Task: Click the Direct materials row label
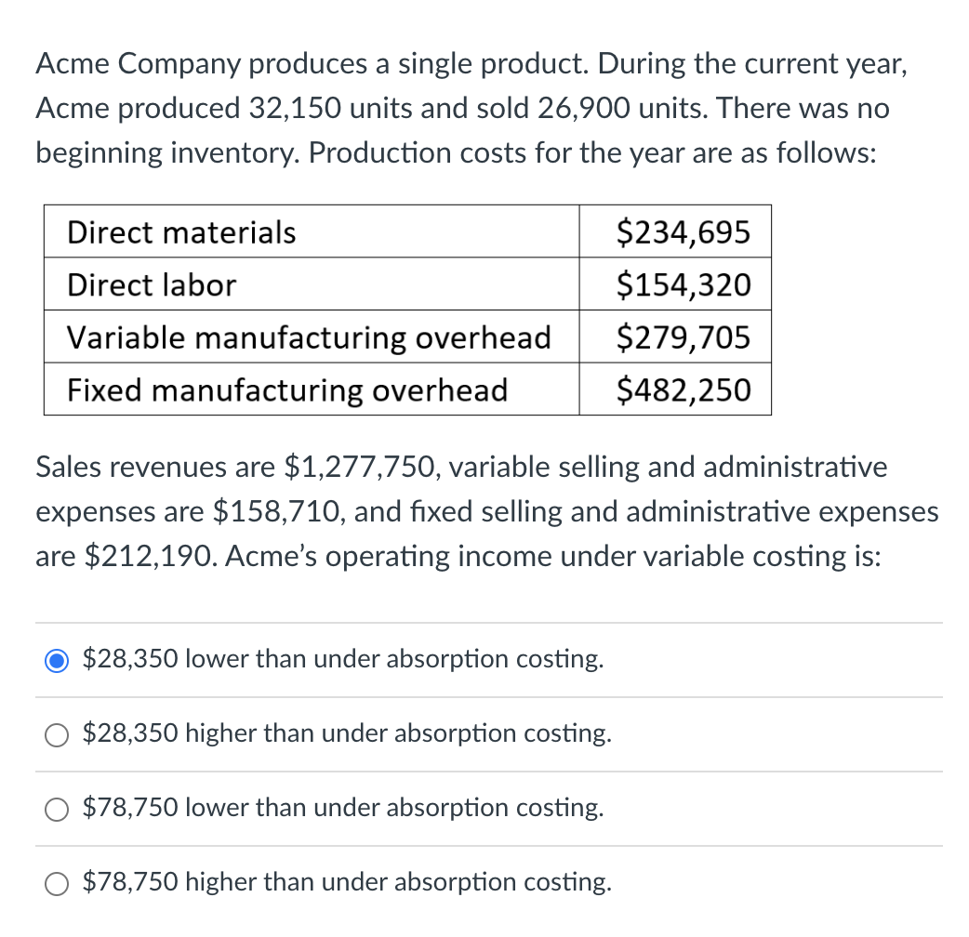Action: click(181, 231)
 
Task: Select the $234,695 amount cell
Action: click(684, 231)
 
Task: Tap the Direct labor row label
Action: click(152, 284)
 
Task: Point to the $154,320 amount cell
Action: click(684, 284)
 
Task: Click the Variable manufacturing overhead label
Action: click(309, 337)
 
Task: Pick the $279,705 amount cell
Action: click(684, 337)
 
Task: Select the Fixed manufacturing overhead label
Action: click(287, 389)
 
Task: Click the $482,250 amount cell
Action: click(684, 389)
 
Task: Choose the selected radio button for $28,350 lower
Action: click(58, 660)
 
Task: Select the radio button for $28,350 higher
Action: click(58, 734)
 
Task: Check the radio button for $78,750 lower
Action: click(58, 809)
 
